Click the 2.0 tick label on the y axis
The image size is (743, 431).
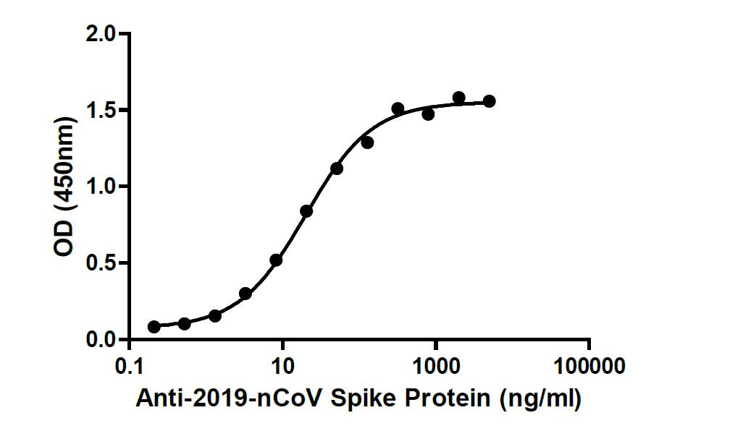click(101, 34)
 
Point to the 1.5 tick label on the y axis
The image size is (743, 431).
click(101, 111)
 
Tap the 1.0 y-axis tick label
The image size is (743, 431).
click(101, 187)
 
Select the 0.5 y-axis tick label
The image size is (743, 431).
click(101, 263)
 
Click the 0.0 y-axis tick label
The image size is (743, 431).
click(101, 339)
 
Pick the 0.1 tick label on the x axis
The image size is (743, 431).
click(130, 367)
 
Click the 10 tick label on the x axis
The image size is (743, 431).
click(283, 367)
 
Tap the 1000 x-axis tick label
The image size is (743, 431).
click(436, 367)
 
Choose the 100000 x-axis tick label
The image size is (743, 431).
click(589, 367)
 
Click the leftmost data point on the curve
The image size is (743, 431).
click(154, 327)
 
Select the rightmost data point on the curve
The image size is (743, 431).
click(490, 101)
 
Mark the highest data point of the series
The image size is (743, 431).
click(458, 98)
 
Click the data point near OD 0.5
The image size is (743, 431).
click(276, 260)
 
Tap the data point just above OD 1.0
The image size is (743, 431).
click(337, 168)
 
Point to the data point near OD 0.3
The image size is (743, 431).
click(245, 294)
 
